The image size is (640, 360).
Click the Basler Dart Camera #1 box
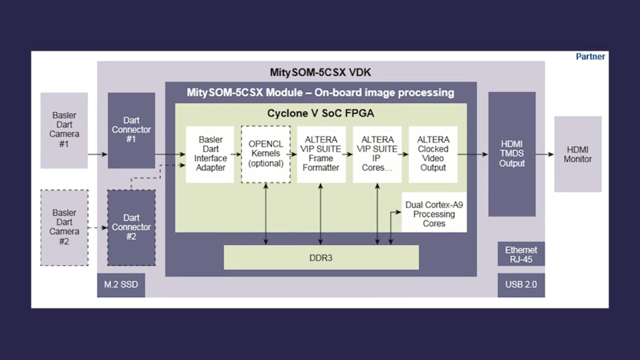point(64,130)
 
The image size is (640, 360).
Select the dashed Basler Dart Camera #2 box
point(64,227)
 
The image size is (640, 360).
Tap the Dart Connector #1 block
point(131,130)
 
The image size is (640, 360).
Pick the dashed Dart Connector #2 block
point(131,227)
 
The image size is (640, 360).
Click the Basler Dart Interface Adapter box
point(210,154)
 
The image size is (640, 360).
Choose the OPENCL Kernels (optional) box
point(266,154)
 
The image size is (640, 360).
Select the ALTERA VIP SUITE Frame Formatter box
point(321,154)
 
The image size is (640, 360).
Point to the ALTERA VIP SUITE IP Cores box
point(377,154)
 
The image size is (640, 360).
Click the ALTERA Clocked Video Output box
point(433,154)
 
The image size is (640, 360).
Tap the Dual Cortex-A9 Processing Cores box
point(434,214)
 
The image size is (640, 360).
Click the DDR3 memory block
point(321,258)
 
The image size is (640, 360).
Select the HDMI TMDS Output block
point(512,154)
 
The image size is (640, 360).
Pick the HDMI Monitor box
point(578,154)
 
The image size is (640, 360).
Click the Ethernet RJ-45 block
point(521,254)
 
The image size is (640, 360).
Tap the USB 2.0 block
point(521,285)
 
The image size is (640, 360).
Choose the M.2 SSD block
point(121,285)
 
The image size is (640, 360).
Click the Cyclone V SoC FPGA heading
point(320,113)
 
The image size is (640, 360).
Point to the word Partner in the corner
point(590,57)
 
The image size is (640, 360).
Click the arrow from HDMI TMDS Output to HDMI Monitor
point(545,154)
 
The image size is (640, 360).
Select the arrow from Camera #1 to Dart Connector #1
point(98,154)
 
